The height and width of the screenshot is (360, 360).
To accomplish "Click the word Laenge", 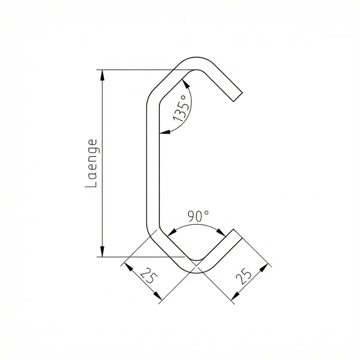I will coord(91,163).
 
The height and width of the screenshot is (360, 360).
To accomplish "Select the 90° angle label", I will coord(198,216).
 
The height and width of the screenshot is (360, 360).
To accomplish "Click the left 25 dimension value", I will coord(147,276).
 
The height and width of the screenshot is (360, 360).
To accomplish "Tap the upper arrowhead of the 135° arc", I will coord(186,83).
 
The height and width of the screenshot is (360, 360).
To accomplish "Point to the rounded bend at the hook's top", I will coord(197,63).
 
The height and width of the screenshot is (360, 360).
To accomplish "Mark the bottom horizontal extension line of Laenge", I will coord(141,257).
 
